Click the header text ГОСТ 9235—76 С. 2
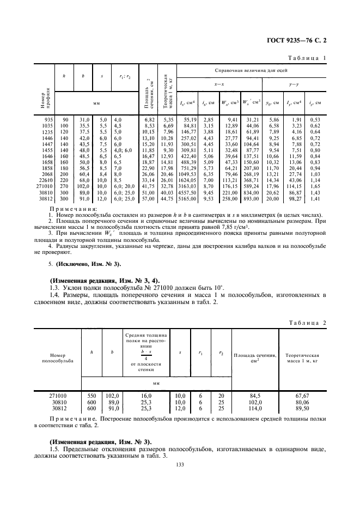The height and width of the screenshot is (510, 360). click(x=300, y=40)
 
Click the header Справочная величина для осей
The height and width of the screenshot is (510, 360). click(x=251, y=71)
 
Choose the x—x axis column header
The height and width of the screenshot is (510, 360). click(x=219, y=84)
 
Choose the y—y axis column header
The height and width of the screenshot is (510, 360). click(x=294, y=84)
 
